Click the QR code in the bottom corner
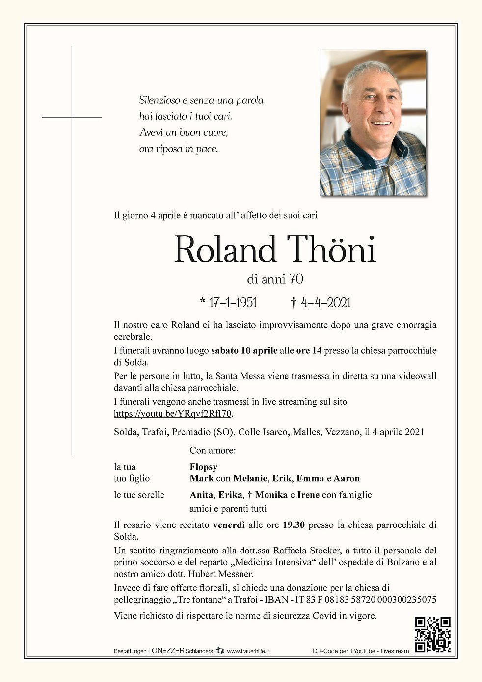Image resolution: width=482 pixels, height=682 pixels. [432, 634]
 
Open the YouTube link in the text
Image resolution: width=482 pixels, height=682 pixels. [172, 414]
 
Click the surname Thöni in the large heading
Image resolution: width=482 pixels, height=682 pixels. [331, 249]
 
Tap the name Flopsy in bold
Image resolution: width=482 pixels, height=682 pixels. [203, 467]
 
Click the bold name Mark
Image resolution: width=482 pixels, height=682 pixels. [201, 478]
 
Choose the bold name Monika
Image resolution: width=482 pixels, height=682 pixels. [271, 495]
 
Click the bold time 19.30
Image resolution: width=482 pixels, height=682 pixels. [294, 525]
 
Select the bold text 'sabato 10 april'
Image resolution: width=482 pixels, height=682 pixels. [244, 350]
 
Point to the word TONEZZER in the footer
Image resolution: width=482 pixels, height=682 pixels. [166, 651]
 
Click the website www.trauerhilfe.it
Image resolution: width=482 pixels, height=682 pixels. [247, 651]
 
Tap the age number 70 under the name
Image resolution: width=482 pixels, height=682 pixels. [296, 279]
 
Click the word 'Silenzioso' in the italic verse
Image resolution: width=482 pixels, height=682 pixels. [160, 100]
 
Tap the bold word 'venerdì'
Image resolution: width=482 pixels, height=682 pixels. [229, 525]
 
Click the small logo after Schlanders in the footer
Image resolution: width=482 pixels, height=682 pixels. [219, 651]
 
